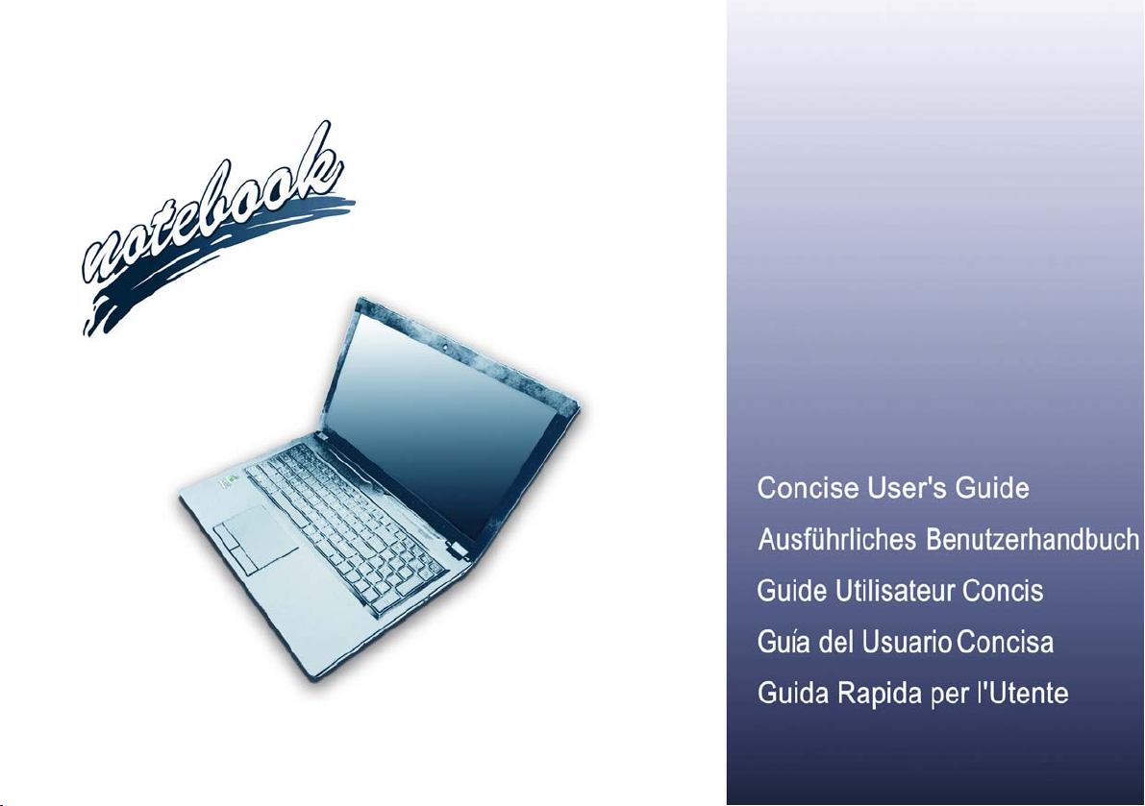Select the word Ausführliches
(x=837, y=539)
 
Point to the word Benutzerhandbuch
(x=1033, y=539)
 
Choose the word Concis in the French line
(x=1003, y=590)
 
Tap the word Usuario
(x=907, y=642)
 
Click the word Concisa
(x=1006, y=642)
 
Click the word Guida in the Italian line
(x=793, y=693)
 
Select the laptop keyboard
(x=346, y=526)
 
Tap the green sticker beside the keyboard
(x=230, y=480)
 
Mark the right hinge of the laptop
(x=458, y=549)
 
